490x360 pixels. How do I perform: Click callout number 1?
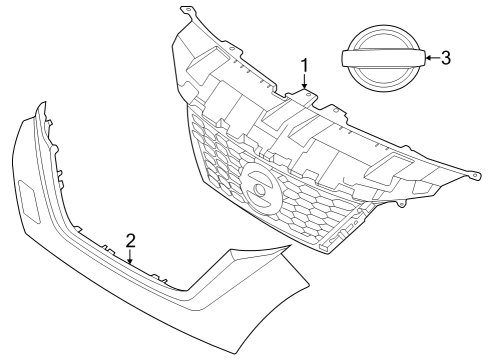coord(304,65)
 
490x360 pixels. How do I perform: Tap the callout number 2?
coord(130,240)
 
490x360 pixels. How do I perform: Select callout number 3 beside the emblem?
coord(446,58)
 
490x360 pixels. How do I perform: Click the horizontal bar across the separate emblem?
coord(383,60)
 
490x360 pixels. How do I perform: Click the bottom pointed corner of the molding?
coord(237,352)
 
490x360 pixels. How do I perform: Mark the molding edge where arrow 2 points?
coord(130,266)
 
